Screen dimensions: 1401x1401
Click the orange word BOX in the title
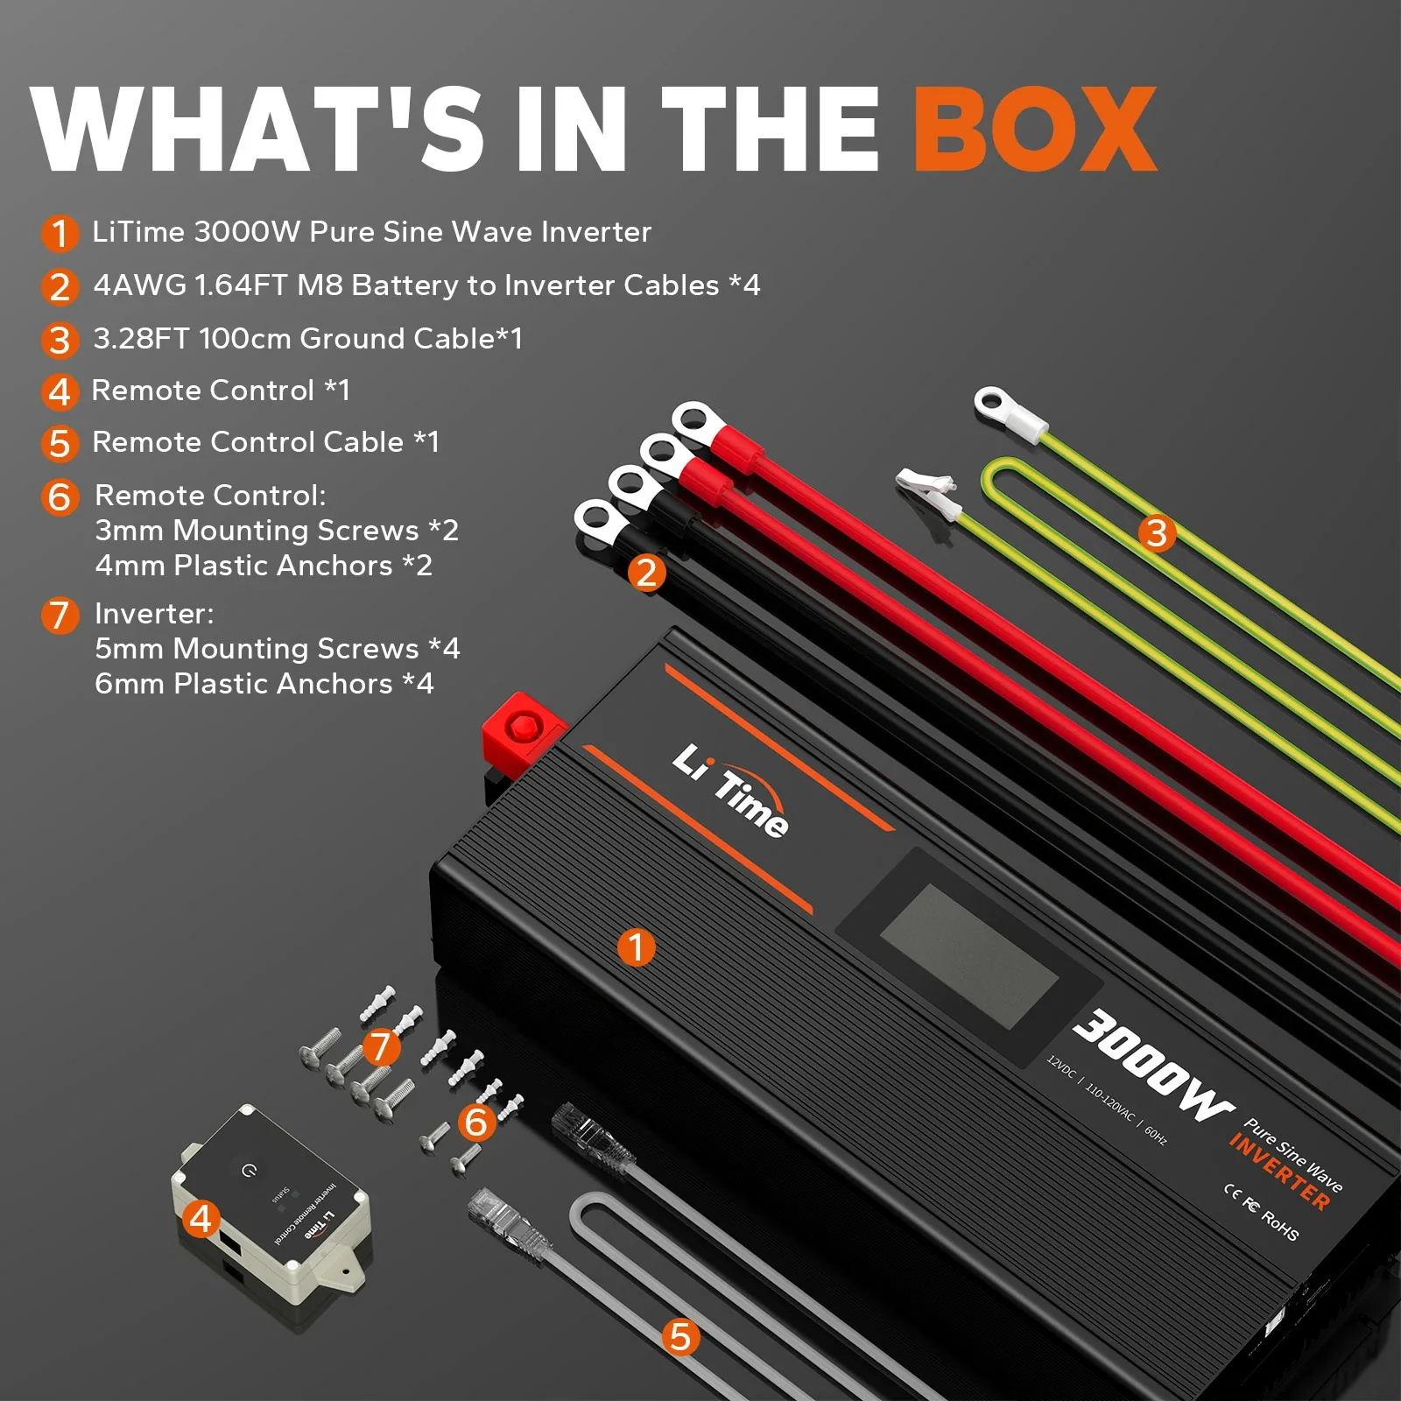click(1035, 129)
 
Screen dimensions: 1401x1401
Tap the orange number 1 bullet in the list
click(59, 233)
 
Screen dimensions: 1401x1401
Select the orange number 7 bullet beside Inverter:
click(59, 615)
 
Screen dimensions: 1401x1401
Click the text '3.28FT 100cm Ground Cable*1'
click(307, 339)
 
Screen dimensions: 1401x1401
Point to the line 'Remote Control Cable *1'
click(265, 442)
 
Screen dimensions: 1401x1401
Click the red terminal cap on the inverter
click(524, 728)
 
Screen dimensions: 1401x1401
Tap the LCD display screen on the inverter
click(968, 955)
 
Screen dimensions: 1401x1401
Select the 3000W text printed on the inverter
click(1152, 1066)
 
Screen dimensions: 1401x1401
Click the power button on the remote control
click(250, 1170)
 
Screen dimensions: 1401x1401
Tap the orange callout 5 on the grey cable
click(680, 1337)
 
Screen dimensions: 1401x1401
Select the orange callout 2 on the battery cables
click(646, 573)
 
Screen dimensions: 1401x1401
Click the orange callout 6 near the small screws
click(476, 1122)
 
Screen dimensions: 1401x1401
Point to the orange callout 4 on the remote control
click(201, 1218)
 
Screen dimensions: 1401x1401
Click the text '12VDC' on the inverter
click(1061, 1067)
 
